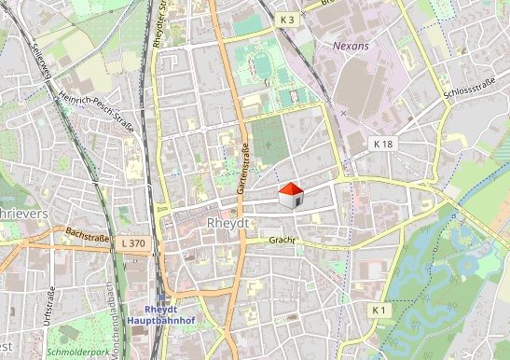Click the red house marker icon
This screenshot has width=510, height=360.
click(x=291, y=194)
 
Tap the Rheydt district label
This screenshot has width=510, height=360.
click(x=224, y=225)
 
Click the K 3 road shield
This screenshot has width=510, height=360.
click(x=286, y=20)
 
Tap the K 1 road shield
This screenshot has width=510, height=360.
click(x=378, y=309)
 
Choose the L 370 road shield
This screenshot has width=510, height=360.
click(x=133, y=242)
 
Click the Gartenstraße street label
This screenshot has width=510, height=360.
click(x=244, y=170)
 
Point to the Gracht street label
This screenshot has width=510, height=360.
click(x=282, y=240)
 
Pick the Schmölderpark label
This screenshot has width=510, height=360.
click(x=79, y=353)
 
